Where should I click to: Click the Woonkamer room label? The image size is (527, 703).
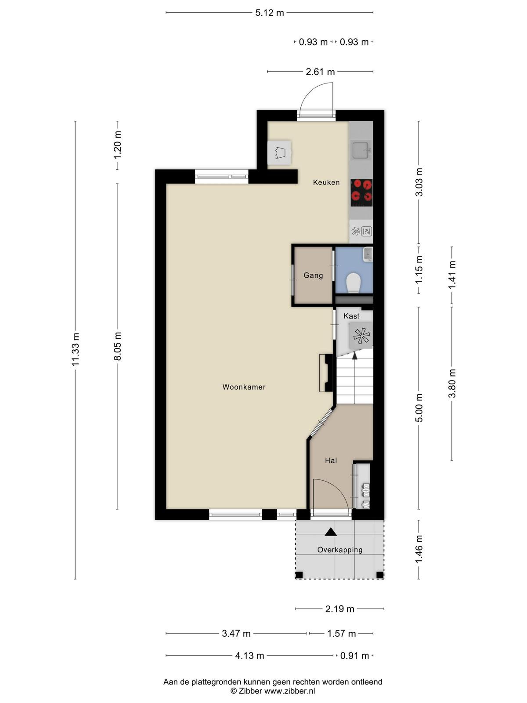244,387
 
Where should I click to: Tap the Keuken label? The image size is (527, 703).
326,182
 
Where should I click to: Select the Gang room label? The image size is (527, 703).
313,275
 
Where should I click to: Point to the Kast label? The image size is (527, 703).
351,316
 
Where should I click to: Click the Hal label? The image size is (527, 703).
331,460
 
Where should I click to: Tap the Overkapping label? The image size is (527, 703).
340,550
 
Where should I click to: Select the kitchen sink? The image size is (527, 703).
361,150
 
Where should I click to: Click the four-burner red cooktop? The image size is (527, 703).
361,192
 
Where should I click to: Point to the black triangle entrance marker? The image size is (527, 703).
331,532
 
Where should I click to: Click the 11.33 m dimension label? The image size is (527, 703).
75,349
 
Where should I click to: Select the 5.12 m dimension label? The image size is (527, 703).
269,13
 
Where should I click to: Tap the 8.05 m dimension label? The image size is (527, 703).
117,346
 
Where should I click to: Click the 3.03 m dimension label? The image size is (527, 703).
419,182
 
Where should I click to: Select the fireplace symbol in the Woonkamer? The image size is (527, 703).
326,373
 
